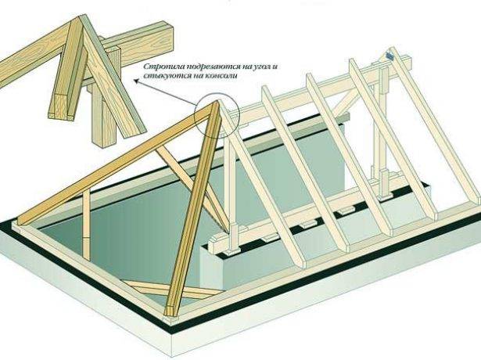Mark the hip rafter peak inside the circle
(217, 103)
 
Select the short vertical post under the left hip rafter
(87, 224)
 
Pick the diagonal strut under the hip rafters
(193, 189)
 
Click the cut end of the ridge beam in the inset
(168, 38)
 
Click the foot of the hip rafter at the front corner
(170, 312)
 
